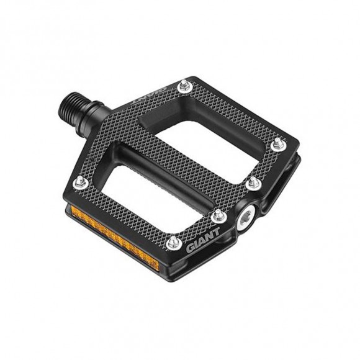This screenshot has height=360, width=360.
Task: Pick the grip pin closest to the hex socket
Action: (218, 216)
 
